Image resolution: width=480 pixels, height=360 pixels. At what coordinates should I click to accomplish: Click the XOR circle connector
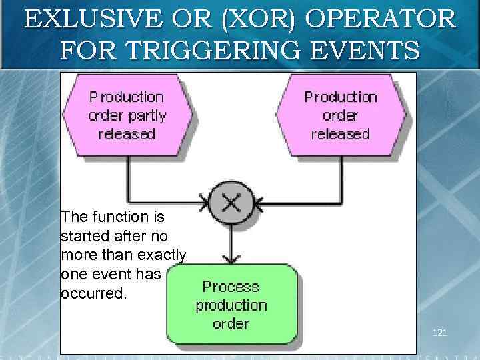click(x=231, y=201)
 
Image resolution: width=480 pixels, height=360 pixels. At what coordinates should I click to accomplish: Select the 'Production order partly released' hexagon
click(x=127, y=115)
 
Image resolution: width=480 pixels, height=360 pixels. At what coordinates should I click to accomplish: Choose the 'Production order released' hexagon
click(x=340, y=115)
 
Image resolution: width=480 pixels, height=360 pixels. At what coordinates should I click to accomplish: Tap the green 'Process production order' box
click(x=231, y=305)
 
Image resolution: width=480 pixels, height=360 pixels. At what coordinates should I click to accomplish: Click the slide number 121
click(x=439, y=331)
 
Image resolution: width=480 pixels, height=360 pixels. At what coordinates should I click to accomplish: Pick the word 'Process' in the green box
click(x=231, y=287)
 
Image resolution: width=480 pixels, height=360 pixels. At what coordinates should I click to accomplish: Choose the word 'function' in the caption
click(x=117, y=217)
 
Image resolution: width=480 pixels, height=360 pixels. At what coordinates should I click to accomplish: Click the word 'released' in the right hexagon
click(x=340, y=134)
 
